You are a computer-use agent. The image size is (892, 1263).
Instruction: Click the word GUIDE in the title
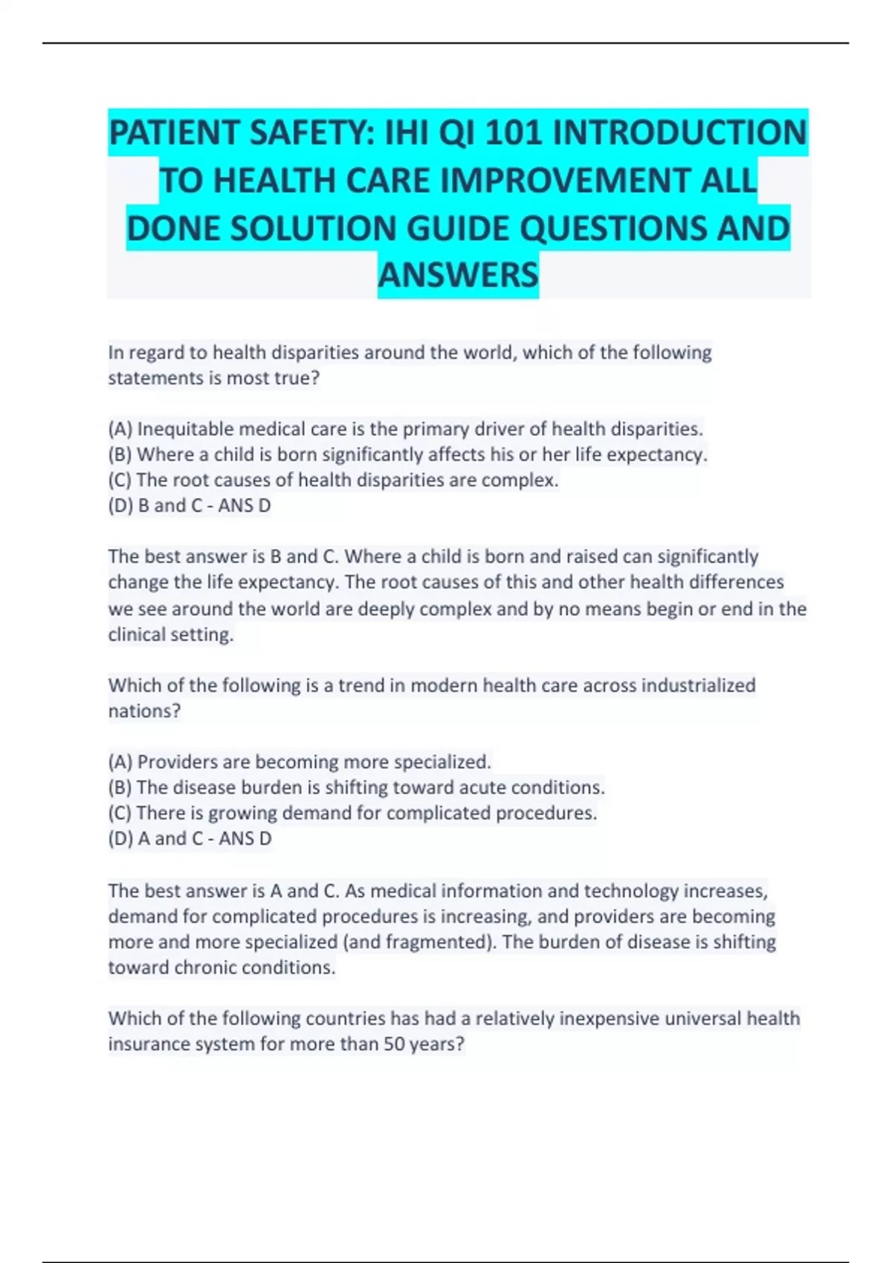pos(458,227)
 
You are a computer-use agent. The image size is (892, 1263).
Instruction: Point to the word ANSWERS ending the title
pos(458,274)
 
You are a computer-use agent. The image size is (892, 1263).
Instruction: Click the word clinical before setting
pos(137,634)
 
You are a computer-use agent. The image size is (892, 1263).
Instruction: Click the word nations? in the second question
pos(144,711)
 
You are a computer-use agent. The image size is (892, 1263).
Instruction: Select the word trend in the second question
pos(361,685)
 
